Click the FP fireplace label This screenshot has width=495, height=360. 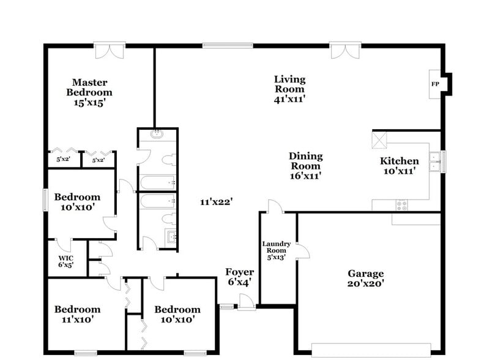(x=435, y=84)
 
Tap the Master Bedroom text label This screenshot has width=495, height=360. (x=90, y=92)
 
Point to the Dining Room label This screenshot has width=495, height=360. (x=305, y=161)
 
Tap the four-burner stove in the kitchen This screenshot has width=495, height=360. (x=402, y=205)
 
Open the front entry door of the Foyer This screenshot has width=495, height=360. (x=247, y=302)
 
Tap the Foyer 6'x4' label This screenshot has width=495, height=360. (x=239, y=277)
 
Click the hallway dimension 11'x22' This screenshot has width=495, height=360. (x=215, y=201)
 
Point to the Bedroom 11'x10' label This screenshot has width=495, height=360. (x=77, y=314)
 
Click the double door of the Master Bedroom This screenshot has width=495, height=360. (x=110, y=50)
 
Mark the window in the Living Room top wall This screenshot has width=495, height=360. (x=228, y=45)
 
